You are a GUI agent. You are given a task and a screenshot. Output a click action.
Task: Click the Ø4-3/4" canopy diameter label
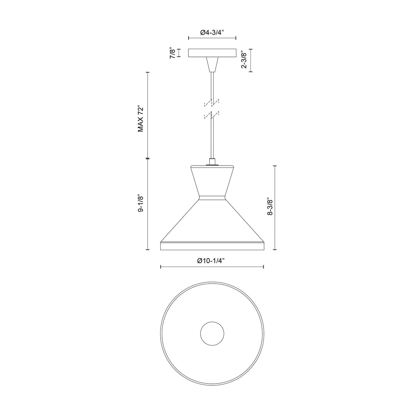coord(212,33)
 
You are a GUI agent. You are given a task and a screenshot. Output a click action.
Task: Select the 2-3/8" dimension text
coord(244,60)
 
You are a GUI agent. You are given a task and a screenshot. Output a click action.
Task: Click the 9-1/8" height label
coord(141,204)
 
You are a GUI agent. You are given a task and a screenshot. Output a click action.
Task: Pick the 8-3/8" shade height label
coord(270,207)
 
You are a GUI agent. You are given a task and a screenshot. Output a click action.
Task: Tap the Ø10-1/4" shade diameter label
coord(212,261)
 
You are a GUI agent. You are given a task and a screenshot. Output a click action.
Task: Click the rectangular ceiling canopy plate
coord(212,53)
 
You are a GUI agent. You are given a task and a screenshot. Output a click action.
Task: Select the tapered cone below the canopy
coord(212,65)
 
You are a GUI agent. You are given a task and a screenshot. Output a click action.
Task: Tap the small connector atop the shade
coord(212,162)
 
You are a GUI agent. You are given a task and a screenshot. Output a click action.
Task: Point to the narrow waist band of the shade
coord(212,198)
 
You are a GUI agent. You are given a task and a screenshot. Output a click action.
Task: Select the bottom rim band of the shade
coord(212,246)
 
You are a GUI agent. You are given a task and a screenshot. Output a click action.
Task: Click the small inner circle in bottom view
coord(212,333)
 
